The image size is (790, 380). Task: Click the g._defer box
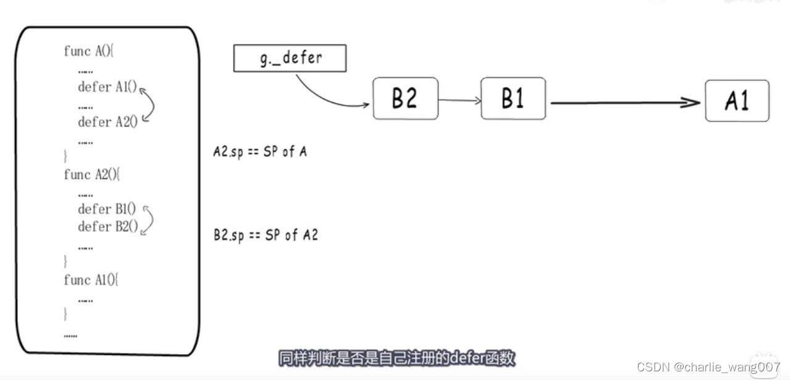coord(290,59)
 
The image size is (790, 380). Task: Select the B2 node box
coord(405,98)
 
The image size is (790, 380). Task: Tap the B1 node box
coord(513,98)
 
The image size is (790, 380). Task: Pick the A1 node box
coord(737,101)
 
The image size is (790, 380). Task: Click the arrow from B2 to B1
coord(460,100)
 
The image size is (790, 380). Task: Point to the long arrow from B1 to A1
coord(624,103)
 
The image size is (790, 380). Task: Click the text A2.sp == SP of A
coord(260,152)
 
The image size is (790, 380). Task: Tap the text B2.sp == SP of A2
coord(266,235)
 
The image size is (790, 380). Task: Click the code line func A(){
coord(89,51)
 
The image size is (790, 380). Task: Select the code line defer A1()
coord(107,87)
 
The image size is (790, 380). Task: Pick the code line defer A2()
coord(107,122)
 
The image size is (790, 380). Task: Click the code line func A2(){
coord(92,175)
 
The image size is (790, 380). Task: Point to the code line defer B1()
coord(106,209)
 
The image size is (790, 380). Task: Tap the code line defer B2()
coord(107,226)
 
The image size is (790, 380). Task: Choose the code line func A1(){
coord(91,280)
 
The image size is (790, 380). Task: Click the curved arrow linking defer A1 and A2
coord(149,105)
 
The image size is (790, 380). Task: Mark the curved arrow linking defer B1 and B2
coord(149,219)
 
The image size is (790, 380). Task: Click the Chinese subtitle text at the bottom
coord(397,358)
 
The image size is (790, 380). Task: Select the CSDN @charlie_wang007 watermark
coord(708,367)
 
